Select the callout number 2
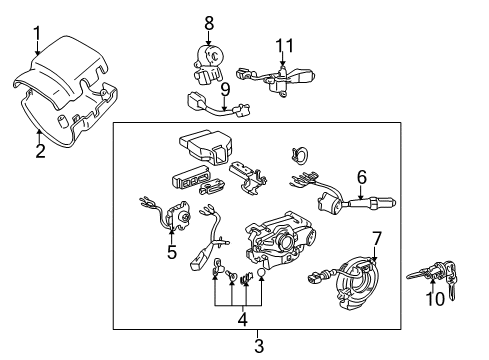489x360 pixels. coord(39,152)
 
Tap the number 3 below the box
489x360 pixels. coord(259,346)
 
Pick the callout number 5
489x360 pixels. coord(171,252)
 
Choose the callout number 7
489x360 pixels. coord(376,239)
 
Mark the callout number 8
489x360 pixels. coord(209,21)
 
